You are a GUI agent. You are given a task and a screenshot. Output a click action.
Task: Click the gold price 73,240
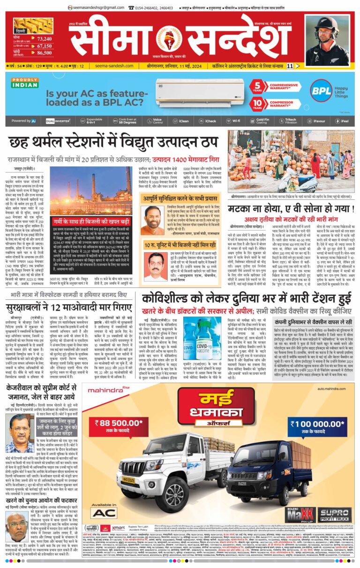44,38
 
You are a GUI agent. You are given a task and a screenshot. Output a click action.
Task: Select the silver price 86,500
44,54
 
